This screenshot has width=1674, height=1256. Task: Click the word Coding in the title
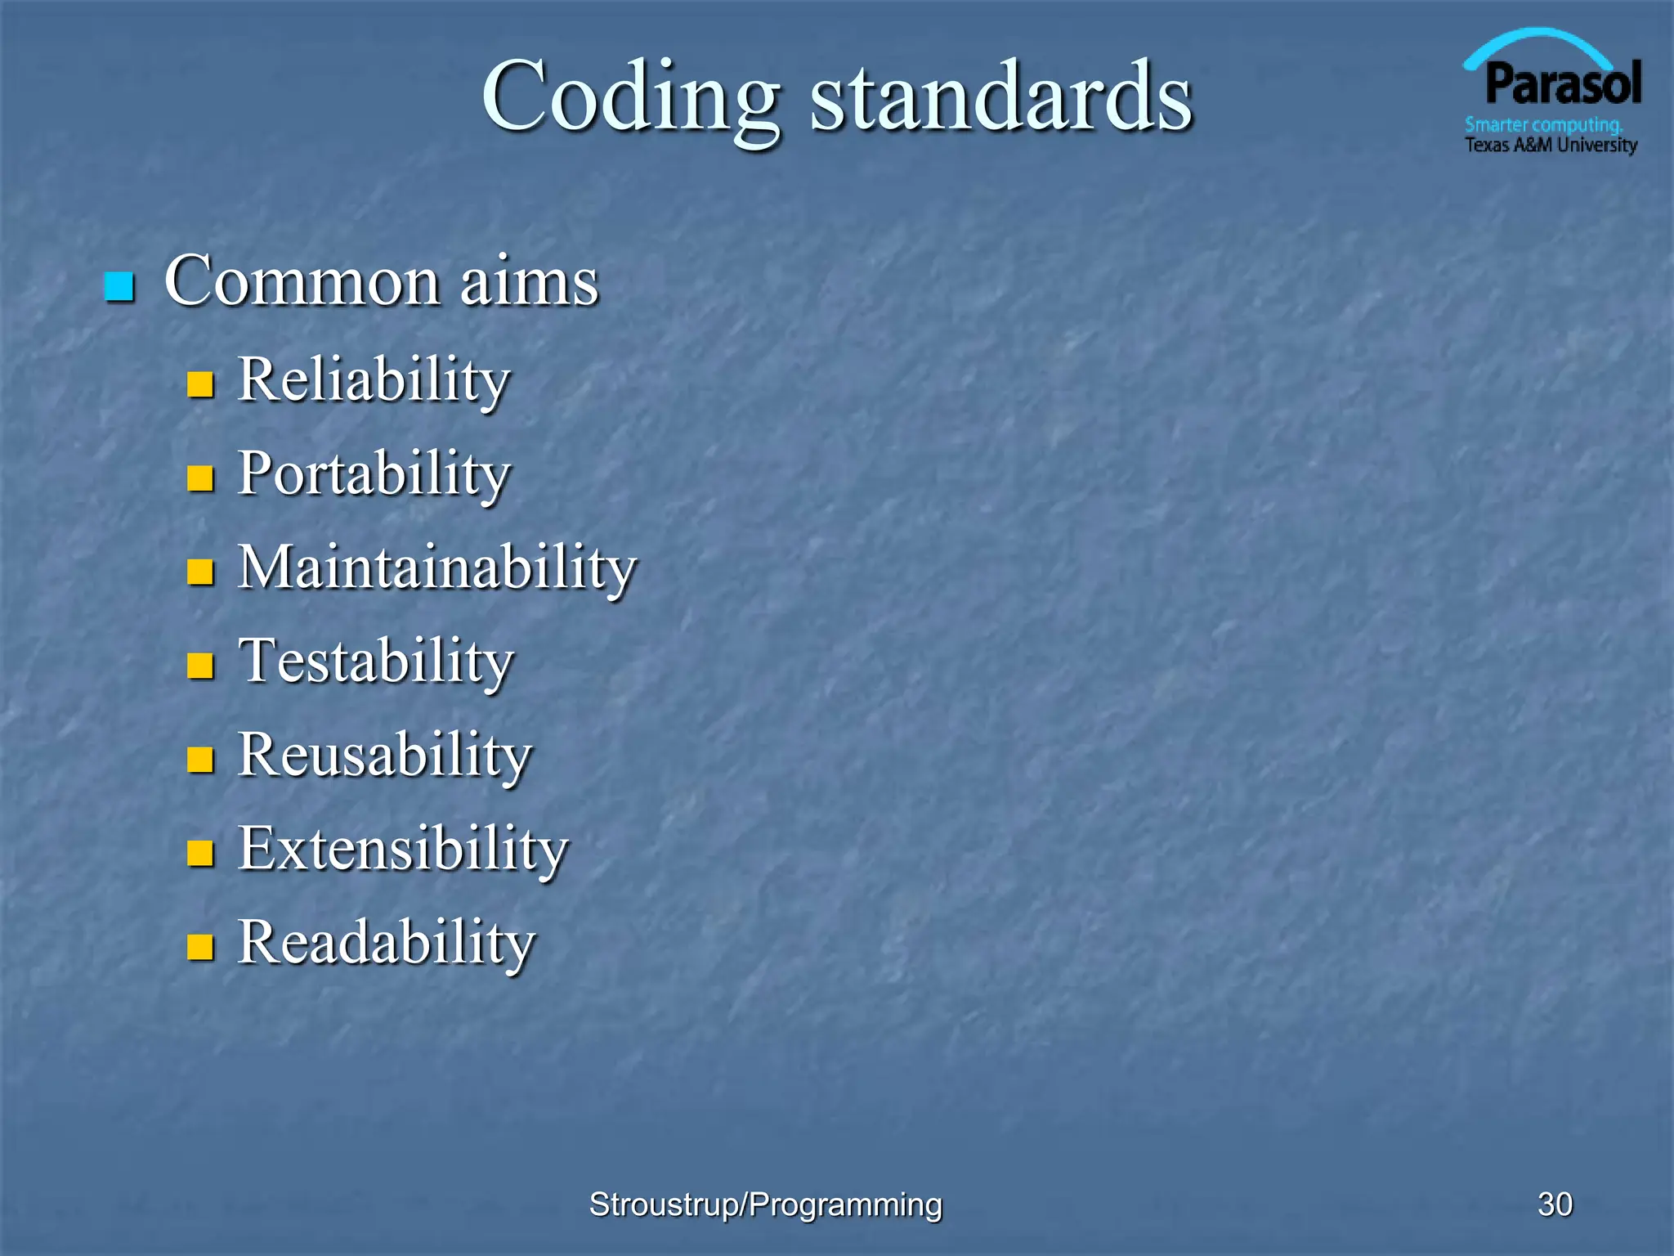tap(630, 98)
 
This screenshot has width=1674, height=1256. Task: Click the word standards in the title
tap(1001, 98)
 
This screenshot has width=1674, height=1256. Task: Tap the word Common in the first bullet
tap(302, 281)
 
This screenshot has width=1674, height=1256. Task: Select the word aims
tap(529, 281)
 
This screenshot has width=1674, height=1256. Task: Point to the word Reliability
tap(374, 381)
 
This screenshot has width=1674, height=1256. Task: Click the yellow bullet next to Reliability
tap(200, 384)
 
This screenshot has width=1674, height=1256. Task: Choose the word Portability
tap(374, 475)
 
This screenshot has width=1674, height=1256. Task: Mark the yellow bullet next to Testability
tap(200, 666)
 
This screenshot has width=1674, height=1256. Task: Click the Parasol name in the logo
tap(1563, 84)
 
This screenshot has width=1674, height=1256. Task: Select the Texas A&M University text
tap(1551, 146)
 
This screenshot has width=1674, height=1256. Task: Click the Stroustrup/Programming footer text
tap(765, 1204)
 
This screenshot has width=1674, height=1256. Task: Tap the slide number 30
tap(1555, 1204)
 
